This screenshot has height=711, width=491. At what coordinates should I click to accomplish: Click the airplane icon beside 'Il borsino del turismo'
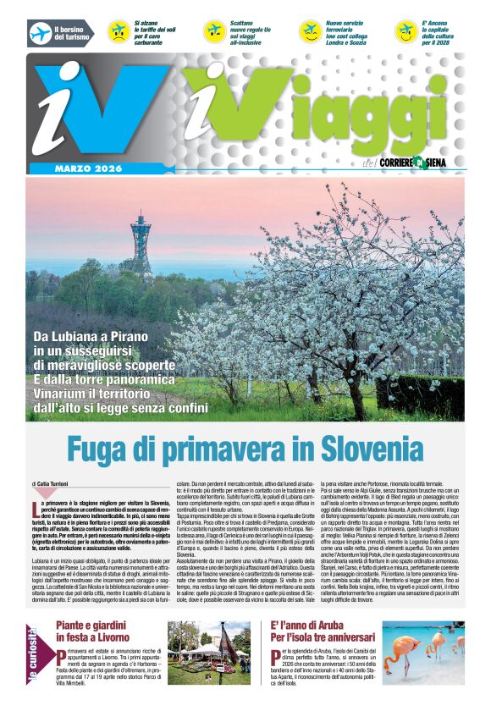[x=40, y=33]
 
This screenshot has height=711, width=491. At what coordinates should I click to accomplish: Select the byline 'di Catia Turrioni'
[x=57, y=482]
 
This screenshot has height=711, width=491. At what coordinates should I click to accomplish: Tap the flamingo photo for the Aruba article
[x=422, y=653]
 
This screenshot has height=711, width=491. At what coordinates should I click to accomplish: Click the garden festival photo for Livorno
[x=208, y=653]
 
